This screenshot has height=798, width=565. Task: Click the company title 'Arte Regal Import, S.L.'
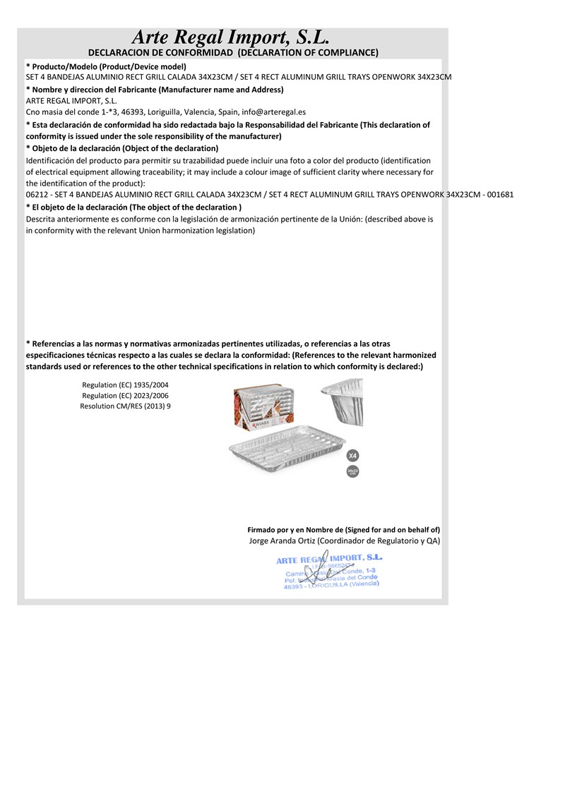(x=231, y=37)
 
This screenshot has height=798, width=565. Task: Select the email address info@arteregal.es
(x=273, y=112)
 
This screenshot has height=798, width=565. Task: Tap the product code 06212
(x=37, y=195)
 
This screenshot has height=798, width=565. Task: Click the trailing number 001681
(x=499, y=195)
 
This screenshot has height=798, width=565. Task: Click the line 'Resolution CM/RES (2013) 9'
(x=125, y=407)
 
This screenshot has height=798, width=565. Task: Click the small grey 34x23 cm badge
(x=352, y=471)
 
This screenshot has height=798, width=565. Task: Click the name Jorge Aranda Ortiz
(x=282, y=541)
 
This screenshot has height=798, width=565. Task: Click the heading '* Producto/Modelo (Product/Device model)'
(x=106, y=66)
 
